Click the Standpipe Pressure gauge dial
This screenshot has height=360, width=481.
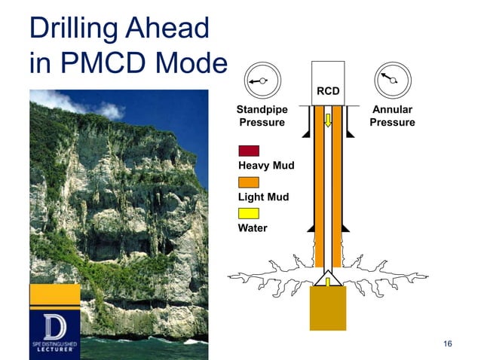(262, 81)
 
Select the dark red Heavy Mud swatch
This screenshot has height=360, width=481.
(249, 151)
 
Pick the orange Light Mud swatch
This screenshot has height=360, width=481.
(249, 182)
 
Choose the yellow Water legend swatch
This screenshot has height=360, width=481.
(249, 213)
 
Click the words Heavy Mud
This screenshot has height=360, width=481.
(265, 166)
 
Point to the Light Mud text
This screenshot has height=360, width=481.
(263, 197)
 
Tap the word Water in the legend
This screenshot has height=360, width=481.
(253, 228)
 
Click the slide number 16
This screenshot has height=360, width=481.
(448, 344)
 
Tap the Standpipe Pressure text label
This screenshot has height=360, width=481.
(262, 116)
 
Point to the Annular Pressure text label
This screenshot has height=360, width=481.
(392, 116)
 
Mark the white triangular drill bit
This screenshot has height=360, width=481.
(327, 280)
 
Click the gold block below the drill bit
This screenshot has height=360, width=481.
(327, 309)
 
